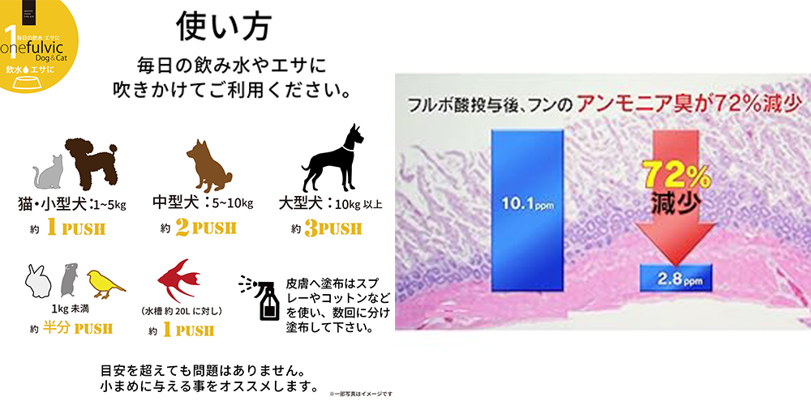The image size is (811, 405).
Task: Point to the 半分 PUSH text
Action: (77, 329)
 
